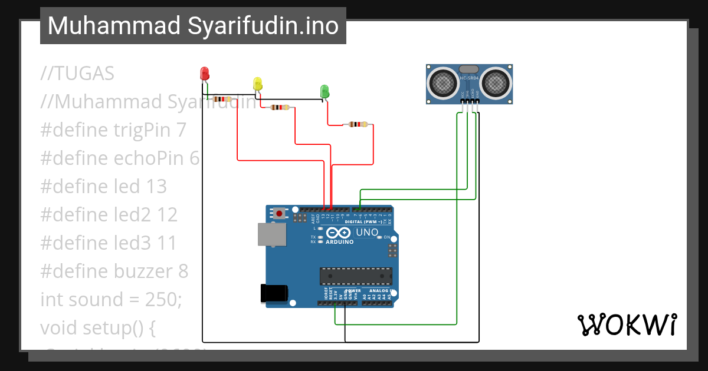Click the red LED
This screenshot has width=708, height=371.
pos(205,74)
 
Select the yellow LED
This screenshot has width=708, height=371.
pos(257,84)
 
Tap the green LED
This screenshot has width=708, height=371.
pos(324,91)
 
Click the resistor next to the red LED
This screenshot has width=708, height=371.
pos(222,100)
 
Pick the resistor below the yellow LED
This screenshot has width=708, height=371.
pos(280,107)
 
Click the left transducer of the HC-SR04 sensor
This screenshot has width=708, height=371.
pos(442,83)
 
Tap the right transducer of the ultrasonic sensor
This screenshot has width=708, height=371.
pos(496,83)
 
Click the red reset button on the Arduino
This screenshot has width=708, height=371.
pos(279,213)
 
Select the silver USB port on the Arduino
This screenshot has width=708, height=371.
pos(271,234)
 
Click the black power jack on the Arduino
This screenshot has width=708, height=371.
pos(274,293)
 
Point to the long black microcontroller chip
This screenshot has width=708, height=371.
pos(356,276)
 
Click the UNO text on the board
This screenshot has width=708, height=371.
pos(367,233)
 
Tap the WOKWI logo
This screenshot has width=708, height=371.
pos(627,324)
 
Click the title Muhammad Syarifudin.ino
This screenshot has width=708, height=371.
pos(193,26)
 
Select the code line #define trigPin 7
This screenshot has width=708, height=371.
pos(113,130)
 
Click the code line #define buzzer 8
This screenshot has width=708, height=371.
pos(114,271)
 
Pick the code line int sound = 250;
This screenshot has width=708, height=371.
pos(111,300)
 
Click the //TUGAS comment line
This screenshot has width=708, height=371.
pos(77,74)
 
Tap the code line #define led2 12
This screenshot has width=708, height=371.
pos(109,215)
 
